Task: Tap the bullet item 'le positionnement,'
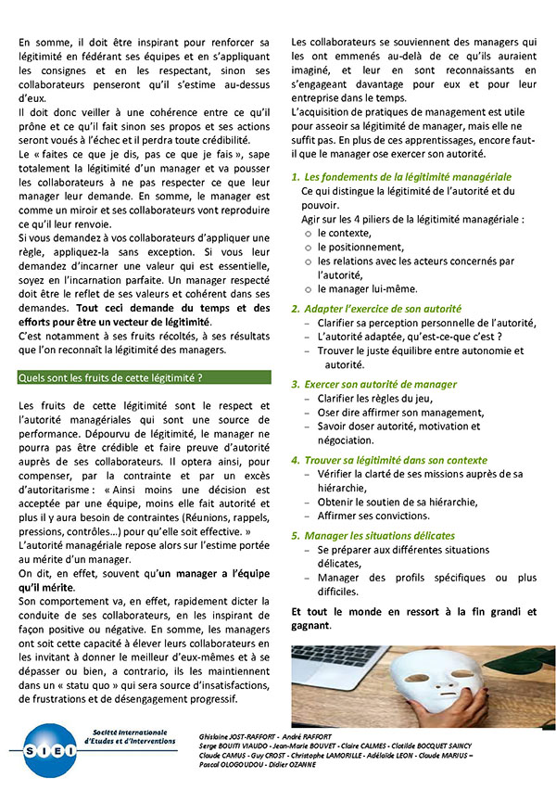[x=360, y=248]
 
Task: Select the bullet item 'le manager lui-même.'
[x=367, y=289]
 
